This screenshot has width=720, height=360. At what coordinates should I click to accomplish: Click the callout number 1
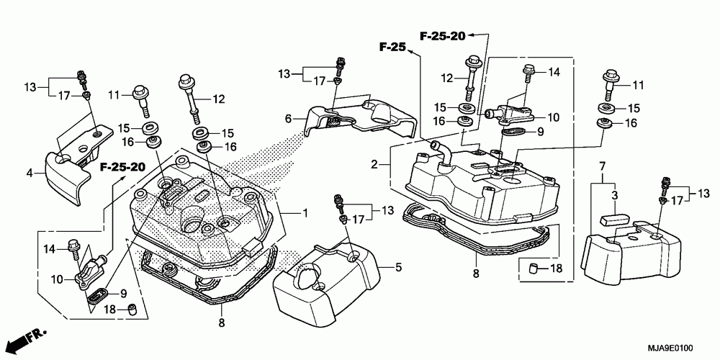305,213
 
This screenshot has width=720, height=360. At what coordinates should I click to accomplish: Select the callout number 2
375,165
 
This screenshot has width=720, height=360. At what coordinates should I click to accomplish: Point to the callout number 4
30,171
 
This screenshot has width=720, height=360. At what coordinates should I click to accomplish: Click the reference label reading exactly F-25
393,47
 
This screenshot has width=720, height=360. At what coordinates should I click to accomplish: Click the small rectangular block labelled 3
613,217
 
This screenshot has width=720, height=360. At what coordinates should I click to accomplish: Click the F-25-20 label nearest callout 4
122,167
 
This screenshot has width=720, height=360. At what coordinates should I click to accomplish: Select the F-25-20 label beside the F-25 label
442,35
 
